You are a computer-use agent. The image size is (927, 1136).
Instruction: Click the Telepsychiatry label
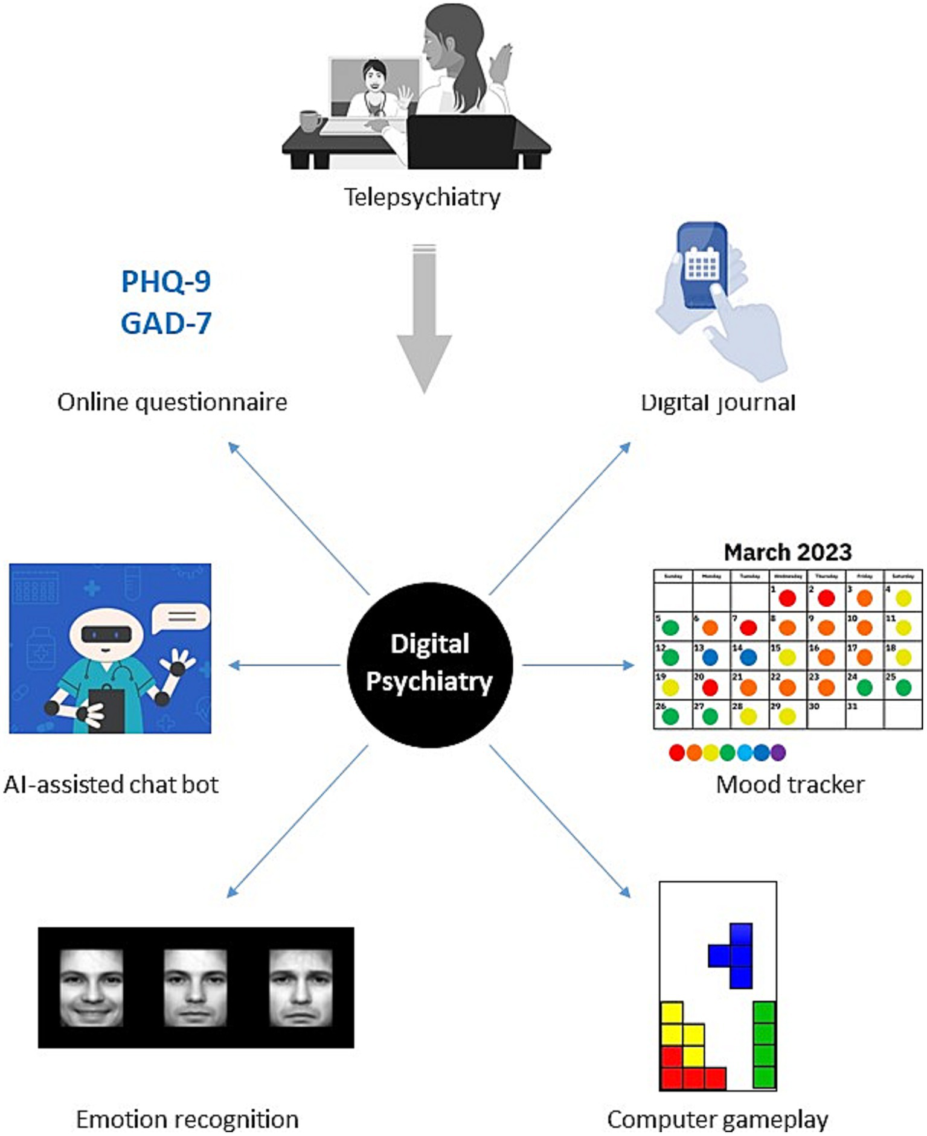[x=422, y=197]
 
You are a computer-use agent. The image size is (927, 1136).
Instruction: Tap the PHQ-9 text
[x=166, y=281]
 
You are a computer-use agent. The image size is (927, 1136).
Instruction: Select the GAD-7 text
[x=166, y=324]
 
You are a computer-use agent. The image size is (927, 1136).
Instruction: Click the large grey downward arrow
[x=424, y=320]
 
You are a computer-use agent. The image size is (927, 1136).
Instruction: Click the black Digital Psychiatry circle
[x=429, y=665]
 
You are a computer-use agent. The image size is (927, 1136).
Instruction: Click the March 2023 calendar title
[x=787, y=552]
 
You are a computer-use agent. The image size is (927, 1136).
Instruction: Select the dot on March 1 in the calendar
[x=787, y=598]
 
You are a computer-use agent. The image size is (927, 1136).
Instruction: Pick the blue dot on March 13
[x=710, y=657]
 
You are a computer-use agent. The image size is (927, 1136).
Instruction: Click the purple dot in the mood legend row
[x=778, y=752]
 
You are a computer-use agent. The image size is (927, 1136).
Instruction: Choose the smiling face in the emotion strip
[x=91, y=988]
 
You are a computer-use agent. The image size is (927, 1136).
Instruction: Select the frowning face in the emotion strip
[x=300, y=988]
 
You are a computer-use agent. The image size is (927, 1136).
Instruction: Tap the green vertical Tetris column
[x=764, y=1044]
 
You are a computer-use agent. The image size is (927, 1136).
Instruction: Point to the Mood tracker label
[x=790, y=784]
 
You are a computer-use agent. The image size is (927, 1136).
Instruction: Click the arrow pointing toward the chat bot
[x=284, y=665]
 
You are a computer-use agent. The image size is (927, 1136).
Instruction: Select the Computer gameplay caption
[x=717, y=1119]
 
